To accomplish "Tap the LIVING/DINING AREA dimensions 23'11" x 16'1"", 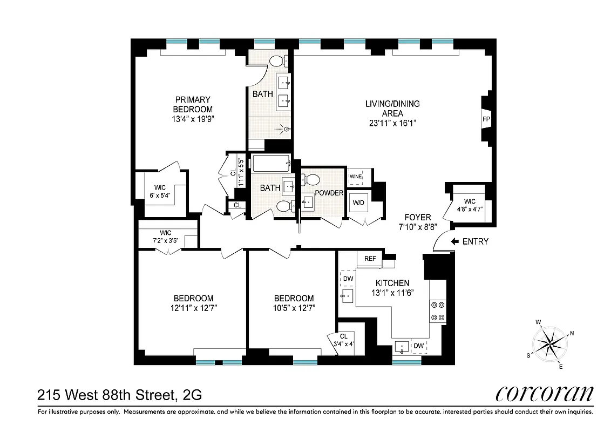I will [x=392, y=123].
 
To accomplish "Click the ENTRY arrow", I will [x=454, y=241].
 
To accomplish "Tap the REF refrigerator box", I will [x=370, y=259].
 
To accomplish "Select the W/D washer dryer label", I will [x=358, y=203].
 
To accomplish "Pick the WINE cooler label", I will [x=356, y=176].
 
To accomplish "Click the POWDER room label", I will [x=329, y=193].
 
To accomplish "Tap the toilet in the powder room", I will [x=311, y=180].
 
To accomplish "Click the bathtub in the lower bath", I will [x=271, y=163].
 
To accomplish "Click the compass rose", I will [x=550, y=342].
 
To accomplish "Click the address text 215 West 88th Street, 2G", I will [x=120, y=395].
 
